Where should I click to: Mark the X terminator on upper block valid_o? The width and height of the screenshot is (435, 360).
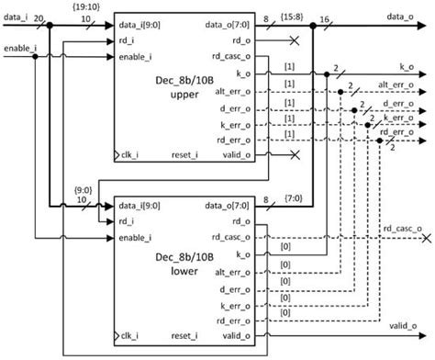pyautogui.click(x=292, y=156)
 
